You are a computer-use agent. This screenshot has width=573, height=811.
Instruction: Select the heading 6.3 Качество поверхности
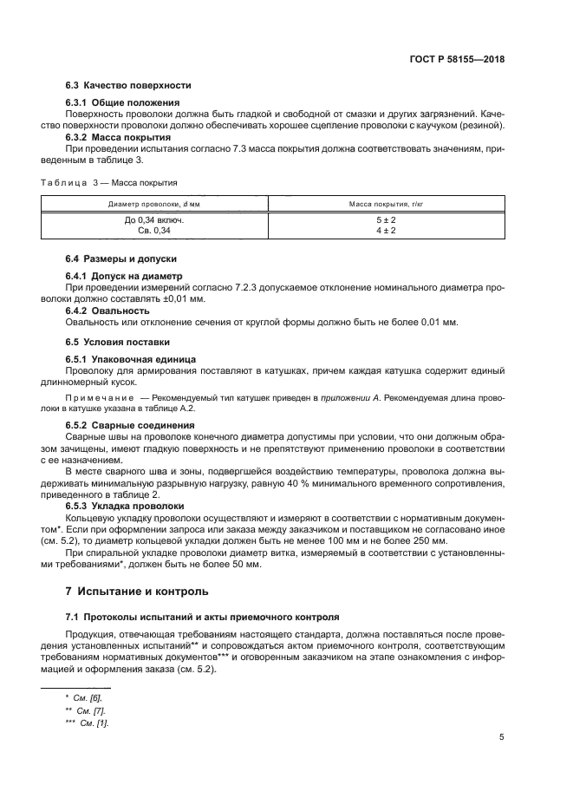[x=128, y=85]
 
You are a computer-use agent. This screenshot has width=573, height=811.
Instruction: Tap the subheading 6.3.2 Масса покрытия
[x=118, y=137]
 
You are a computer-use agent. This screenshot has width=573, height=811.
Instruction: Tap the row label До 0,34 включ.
[x=154, y=220]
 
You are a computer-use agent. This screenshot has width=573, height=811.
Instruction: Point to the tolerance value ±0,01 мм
[x=183, y=297]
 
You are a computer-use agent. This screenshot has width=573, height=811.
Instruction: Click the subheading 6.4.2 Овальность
[x=108, y=310]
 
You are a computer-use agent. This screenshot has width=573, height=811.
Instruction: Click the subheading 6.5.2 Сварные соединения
[x=130, y=425]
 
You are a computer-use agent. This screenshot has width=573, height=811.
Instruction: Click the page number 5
[x=502, y=737]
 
